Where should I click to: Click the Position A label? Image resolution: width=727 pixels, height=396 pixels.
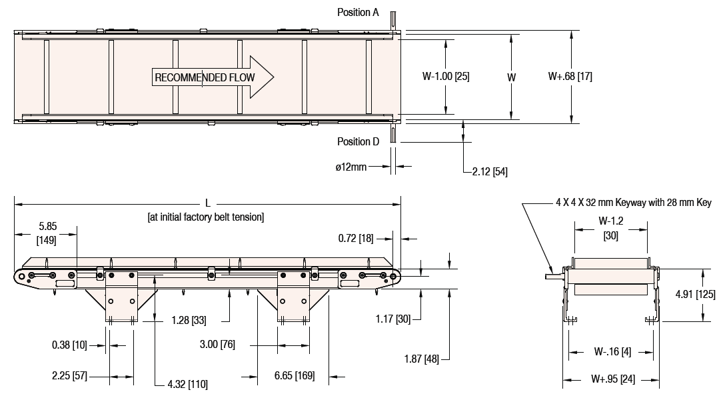pyautogui.click(x=358, y=12)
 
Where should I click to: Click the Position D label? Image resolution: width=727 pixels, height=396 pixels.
pyautogui.click(x=358, y=141)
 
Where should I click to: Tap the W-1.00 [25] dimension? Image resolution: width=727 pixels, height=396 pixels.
pyautogui.click(x=446, y=77)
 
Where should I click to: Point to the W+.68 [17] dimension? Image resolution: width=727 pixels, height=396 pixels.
pyautogui.click(x=570, y=77)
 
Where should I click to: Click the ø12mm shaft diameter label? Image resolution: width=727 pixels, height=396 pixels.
pyautogui.click(x=351, y=167)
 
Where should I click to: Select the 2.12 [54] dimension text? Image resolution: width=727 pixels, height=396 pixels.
pyautogui.click(x=490, y=172)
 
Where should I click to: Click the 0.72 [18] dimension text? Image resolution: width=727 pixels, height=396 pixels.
pyautogui.click(x=357, y=238)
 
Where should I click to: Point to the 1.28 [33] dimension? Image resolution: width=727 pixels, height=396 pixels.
pyautogui.click(x=188, y=320)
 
